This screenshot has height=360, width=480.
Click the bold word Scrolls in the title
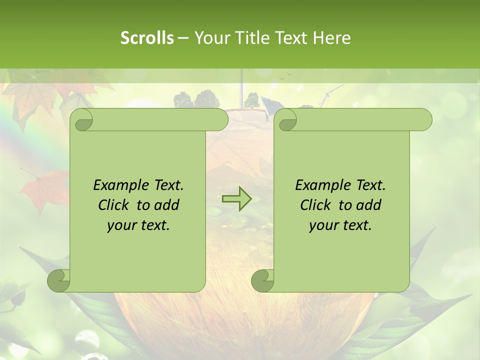(147, 38)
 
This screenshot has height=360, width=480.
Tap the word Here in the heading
(331, 38)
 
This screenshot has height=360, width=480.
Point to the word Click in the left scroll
(115, 205)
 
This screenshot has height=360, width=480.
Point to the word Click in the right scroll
(317, 205)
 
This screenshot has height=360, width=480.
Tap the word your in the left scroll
(121, 225)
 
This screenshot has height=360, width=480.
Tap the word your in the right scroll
(323, 225)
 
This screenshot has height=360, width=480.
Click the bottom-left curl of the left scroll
(58, 280)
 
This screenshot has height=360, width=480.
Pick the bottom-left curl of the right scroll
(262, 280)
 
